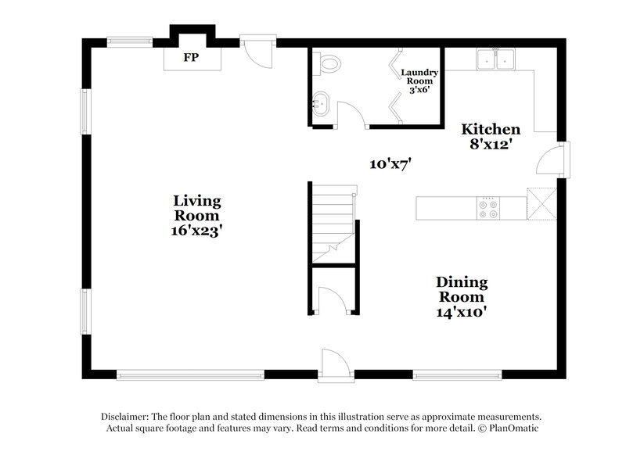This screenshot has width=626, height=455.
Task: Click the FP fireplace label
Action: coord(190,58)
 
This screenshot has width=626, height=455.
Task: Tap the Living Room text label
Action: coord(196,208)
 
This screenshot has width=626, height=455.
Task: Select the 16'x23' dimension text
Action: coord(196,231)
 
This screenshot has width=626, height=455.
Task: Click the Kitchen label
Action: coord(490,129)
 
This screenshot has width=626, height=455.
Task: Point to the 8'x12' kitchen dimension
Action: coord(490,145)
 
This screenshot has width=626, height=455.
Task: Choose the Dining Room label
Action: coord(462,289)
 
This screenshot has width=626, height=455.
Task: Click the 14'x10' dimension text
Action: coord(462,312)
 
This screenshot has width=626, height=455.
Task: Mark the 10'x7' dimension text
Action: coord(390,163)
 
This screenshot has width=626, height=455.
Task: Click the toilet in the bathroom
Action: coord(328,63)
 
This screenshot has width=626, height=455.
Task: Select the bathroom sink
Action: coord(319,102)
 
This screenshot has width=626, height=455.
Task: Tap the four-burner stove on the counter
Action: coord(489,207)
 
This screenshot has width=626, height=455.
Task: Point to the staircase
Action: coord(333,223)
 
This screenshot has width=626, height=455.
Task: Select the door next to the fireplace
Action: coord(257,52)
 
